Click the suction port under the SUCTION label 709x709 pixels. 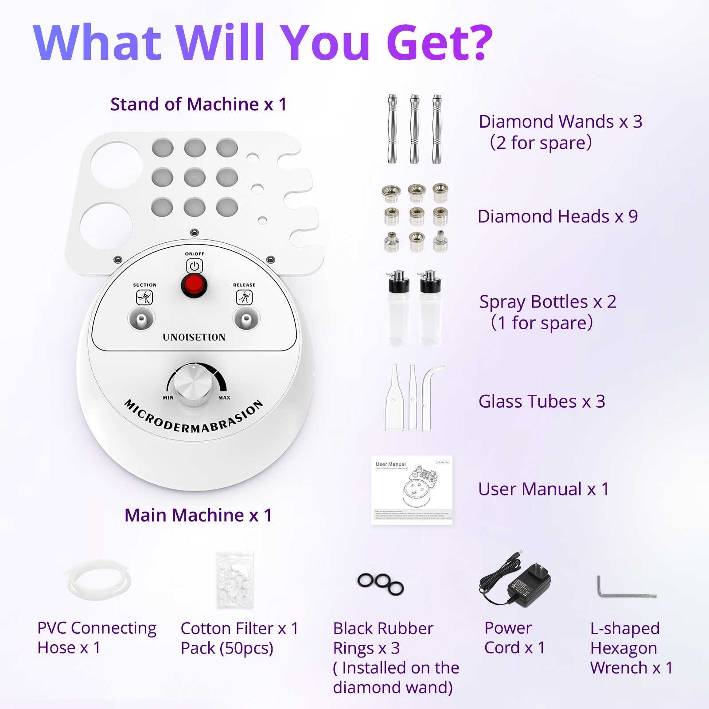click(x=141, y=319)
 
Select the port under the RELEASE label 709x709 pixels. click(x=246, y=319)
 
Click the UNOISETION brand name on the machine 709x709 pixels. click(x=194, y=337)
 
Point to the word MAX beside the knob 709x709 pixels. click(x=224, y=397)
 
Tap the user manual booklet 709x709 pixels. click(x=412, y=490)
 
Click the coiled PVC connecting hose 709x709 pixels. click(x=99, y=580)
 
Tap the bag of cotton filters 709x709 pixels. click(x=235, y=580)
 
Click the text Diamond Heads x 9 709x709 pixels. click(x=557, y=217)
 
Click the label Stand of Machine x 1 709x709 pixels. click(x=199, y=105)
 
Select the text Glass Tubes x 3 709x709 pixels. click(x=541, y=401)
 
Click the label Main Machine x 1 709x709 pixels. click(x=198, y=515)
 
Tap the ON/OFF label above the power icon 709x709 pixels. click(x=195, y=254)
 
